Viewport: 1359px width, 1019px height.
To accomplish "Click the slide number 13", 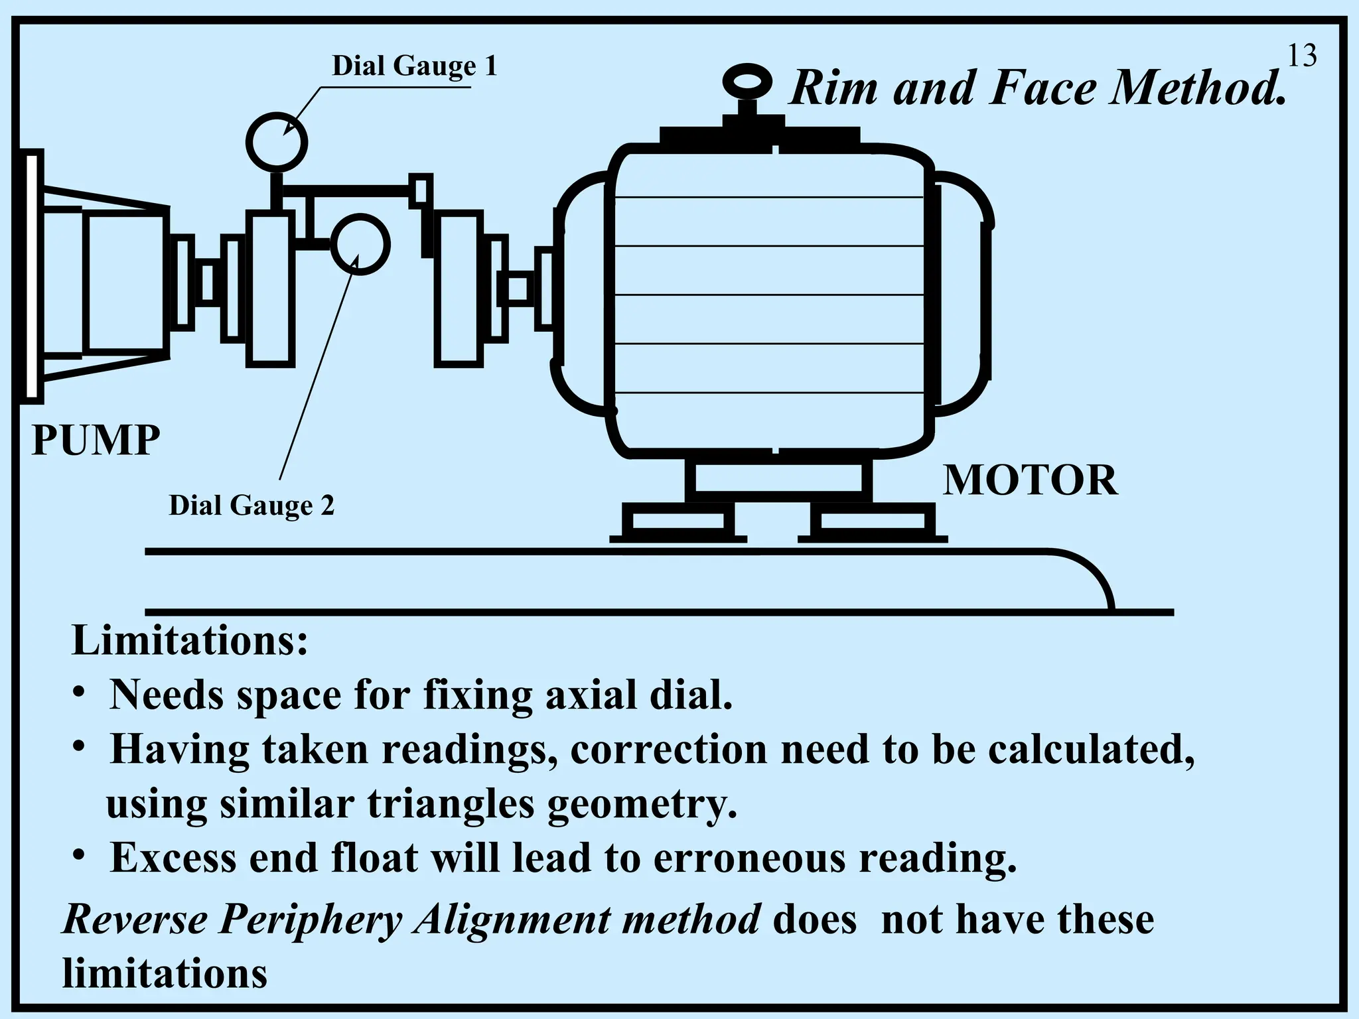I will point(1301,56).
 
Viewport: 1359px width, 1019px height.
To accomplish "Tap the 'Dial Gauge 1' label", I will point(414,66).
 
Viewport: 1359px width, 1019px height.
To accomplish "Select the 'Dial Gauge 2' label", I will point(251,506).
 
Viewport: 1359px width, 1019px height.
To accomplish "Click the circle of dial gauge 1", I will point(277,142).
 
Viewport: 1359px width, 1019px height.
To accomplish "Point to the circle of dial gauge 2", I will point(360,244).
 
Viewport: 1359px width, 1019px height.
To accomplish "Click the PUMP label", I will point(96,440).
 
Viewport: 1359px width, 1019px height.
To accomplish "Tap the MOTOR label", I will point(1030,480).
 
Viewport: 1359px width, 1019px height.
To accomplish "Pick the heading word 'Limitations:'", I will point(190,641).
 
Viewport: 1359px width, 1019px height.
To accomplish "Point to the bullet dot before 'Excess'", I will point(79,856).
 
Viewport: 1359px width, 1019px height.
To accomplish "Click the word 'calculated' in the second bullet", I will point(1090,750).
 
